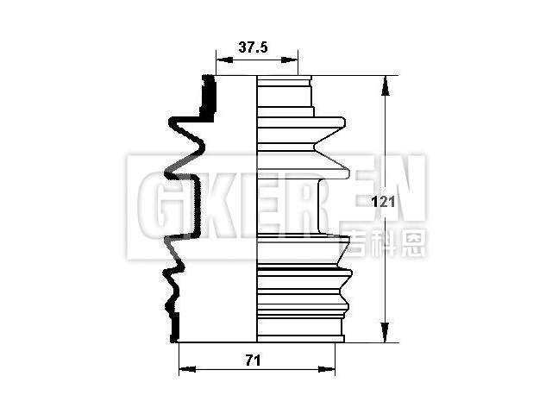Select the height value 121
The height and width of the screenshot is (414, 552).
coord(382,203)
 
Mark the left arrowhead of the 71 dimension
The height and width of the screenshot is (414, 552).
coord(183,370)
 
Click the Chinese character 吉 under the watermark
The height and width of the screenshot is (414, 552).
coord(363,245)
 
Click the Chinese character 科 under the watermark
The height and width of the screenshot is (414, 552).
coord(388,245)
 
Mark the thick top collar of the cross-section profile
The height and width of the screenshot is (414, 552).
coord(207,97)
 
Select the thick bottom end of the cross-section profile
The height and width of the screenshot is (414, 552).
coord(176,328)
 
